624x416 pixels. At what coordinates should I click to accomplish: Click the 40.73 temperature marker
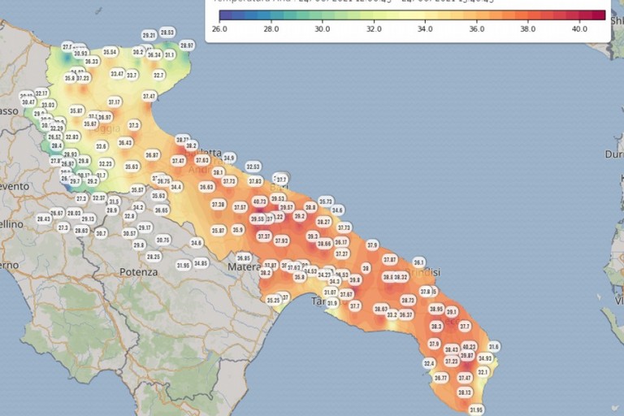click(259, 201)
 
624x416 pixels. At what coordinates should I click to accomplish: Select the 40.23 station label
click(469, 346)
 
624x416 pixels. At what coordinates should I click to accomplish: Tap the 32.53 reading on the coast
click(253, 166)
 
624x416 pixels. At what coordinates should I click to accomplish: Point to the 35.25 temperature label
click(274, 300)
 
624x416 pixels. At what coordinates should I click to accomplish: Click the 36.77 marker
click(440, 378)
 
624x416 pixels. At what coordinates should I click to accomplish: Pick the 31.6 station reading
click(493, 346)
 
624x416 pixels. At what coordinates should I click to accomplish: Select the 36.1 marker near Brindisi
click(419, 262)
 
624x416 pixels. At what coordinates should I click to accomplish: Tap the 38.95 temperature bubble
click(436, 309)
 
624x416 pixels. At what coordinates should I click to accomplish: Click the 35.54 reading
click(110, 52)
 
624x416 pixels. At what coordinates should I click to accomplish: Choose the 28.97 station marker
click(187, 45)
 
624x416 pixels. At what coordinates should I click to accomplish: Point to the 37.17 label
click(115, 102)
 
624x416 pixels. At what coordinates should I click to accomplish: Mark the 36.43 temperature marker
click(125, 142)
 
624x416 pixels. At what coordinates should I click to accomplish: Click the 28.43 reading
click(44, 219)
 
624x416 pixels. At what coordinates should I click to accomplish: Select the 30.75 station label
click(162, 240)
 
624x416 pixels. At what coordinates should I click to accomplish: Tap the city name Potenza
click(138, 272)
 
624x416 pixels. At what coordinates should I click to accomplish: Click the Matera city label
click(245, 266)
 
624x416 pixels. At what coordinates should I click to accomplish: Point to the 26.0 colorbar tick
click(219, 28)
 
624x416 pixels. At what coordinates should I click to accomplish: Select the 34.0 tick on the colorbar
click(424, 28)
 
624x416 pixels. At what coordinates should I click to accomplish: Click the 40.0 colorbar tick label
click(578, 28)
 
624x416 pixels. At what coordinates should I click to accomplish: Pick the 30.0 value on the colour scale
click(322, 28)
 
